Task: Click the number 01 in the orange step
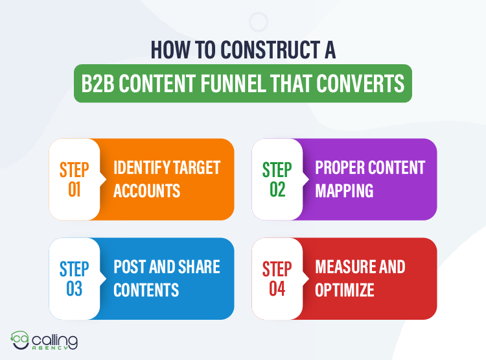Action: click(x=74, y=190)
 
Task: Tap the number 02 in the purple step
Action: click(x=277, y=190)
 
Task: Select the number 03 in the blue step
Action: click(x=74, y=289)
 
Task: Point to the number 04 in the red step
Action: click(x=277, y=289)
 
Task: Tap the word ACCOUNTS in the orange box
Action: click(x=146, y=190)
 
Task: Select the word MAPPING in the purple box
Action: click(x=344, y=190)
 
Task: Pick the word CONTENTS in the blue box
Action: click(x=146, y=289)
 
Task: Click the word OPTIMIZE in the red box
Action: click(x=345, y=289)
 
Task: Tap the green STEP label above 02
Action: click(x=277, y=170)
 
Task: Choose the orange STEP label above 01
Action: click(x=74, y=170)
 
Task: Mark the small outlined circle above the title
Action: click(x=259, y=22)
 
